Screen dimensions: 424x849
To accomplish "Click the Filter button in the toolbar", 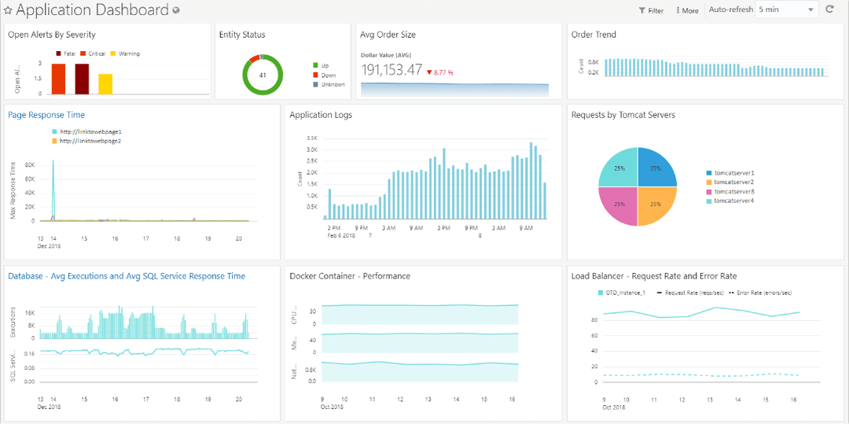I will [651, 11].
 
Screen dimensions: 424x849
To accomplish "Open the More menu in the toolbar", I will [687, 11].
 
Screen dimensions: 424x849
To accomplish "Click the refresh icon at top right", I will [829, 10].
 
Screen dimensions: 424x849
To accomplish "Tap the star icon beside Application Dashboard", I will [8, 11].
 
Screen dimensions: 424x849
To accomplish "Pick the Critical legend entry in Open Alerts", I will [93, 53].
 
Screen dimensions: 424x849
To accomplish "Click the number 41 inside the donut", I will [263, 76].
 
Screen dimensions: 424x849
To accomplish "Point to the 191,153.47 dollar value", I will [391, 71].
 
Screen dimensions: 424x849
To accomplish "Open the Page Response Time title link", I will [46, 115].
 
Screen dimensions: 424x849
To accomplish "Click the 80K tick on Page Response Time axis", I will [30, 165].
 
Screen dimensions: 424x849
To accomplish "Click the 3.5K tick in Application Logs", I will [312, 138].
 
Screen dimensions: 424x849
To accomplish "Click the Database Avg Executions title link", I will [127, 276].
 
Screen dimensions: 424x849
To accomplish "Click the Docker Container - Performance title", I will [350, 276].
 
